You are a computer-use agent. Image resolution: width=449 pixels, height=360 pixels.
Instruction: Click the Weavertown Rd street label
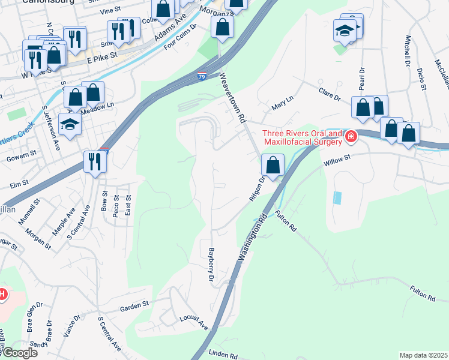[234, 98]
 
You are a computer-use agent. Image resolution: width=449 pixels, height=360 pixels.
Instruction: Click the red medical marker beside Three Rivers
[351, 137]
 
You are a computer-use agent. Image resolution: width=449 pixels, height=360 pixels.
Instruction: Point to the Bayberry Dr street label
[211, 265]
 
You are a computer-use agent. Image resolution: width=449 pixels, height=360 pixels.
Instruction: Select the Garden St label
[134, 305]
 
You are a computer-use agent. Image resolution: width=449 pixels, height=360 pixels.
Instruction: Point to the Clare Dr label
[330, 95]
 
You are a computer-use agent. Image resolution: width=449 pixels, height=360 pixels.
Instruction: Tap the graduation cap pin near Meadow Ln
[70, 124]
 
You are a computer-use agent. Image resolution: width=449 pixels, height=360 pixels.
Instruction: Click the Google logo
[19, 353]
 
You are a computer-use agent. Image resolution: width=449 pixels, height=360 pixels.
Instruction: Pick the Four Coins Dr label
[180, 37]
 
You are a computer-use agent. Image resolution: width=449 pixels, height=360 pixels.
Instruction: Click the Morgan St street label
[38, 238]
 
